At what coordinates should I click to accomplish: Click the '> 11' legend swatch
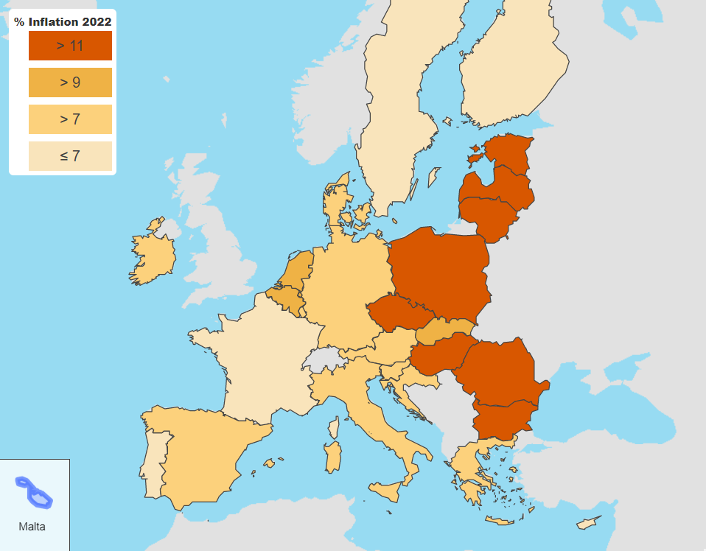tap(70, 46)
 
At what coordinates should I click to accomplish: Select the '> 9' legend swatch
tap(70, 83)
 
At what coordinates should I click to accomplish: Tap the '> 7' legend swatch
tap(70, 119)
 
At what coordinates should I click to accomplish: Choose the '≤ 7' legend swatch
tap(70, 156)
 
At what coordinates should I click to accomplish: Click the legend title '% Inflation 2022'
tap(63, 22)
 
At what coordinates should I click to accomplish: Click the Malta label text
tap(32, 527)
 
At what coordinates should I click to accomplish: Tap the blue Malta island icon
tap(34, 493)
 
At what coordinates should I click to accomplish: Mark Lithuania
tap(490, 218)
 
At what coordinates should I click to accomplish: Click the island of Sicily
tap(387, 491)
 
